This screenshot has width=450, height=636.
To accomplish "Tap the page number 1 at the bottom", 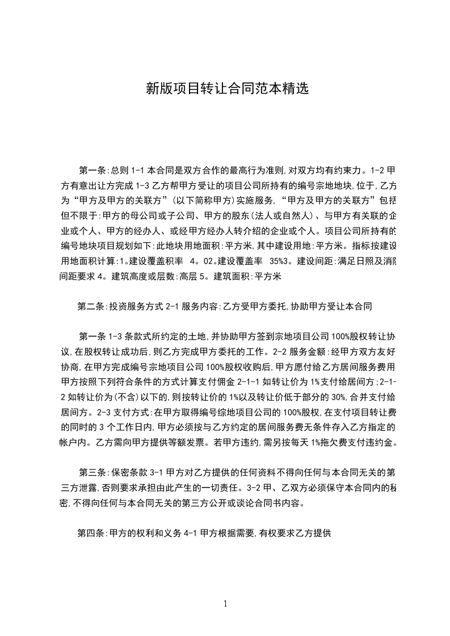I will (225, 604).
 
